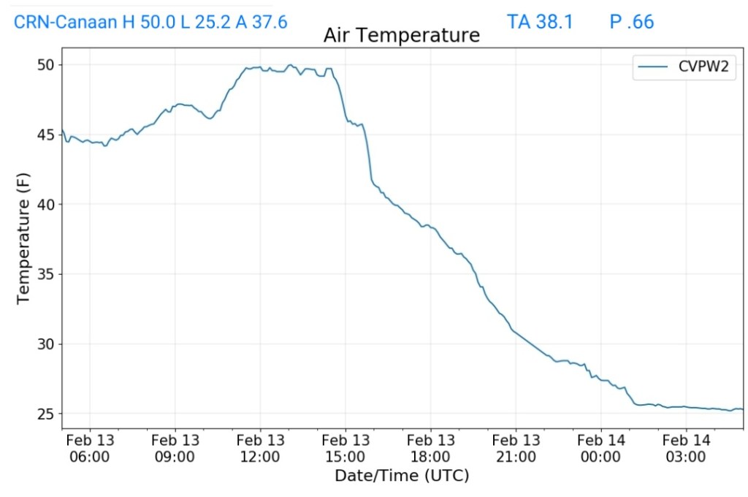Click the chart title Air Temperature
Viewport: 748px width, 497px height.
pos(402,35)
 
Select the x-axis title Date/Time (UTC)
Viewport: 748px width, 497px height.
pos(402,476)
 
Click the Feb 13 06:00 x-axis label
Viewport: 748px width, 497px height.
pos(90,449)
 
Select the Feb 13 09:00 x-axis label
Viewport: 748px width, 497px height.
pos(175,449)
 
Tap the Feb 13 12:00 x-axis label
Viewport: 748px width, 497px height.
pos(260,449)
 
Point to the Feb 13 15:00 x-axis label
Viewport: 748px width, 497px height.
pos(346,449)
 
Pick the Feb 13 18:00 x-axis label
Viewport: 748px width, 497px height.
pos(430,449)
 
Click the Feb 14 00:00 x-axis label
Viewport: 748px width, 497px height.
pos(600,449)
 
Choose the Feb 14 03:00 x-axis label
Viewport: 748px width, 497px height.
pos(686,449)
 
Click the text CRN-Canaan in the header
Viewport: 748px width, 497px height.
pos(66,22)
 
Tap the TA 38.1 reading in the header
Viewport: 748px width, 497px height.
pos(540,22)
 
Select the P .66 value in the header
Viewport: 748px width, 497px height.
pos(632,22)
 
